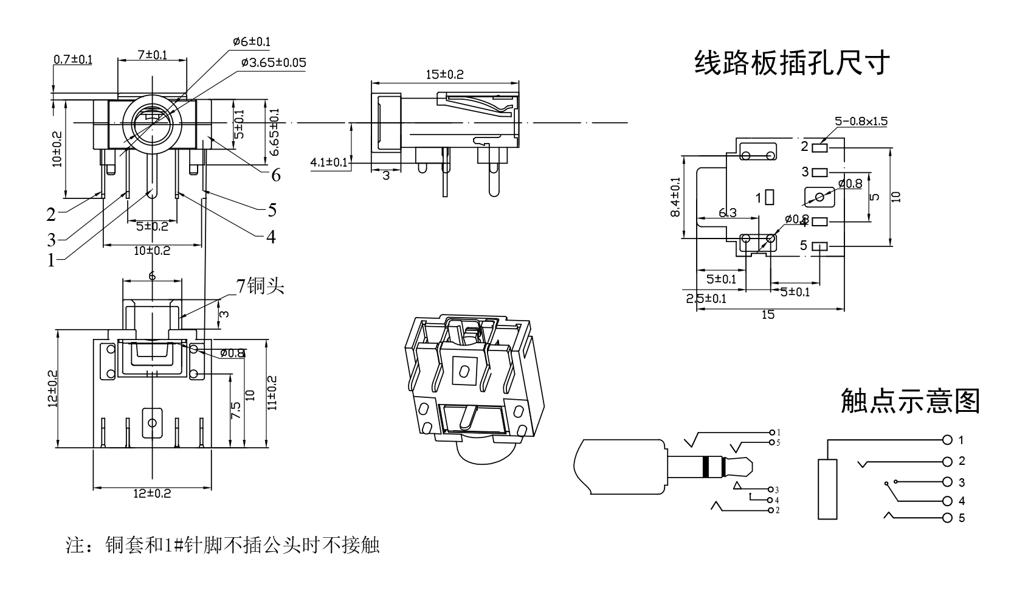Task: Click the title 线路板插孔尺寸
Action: click(792, 63)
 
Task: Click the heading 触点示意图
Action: click(910, 402)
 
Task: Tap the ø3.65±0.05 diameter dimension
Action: click(273, 63)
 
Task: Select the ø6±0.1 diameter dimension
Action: click(252, 42)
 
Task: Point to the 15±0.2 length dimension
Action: click(444, 75)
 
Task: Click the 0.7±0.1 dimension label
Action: click(73, 59)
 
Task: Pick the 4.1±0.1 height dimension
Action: click(328, 162)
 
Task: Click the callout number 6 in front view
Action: click(276, 175)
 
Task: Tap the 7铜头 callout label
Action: click(260, 285)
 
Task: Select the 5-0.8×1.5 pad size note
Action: click(861, 121)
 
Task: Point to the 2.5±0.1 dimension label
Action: click(706, 298)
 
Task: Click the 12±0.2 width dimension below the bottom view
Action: click(152, 493)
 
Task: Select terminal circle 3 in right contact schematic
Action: click(947, 482)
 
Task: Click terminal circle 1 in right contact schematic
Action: click(947, 440)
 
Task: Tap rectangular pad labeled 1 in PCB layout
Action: click(770, 197)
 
